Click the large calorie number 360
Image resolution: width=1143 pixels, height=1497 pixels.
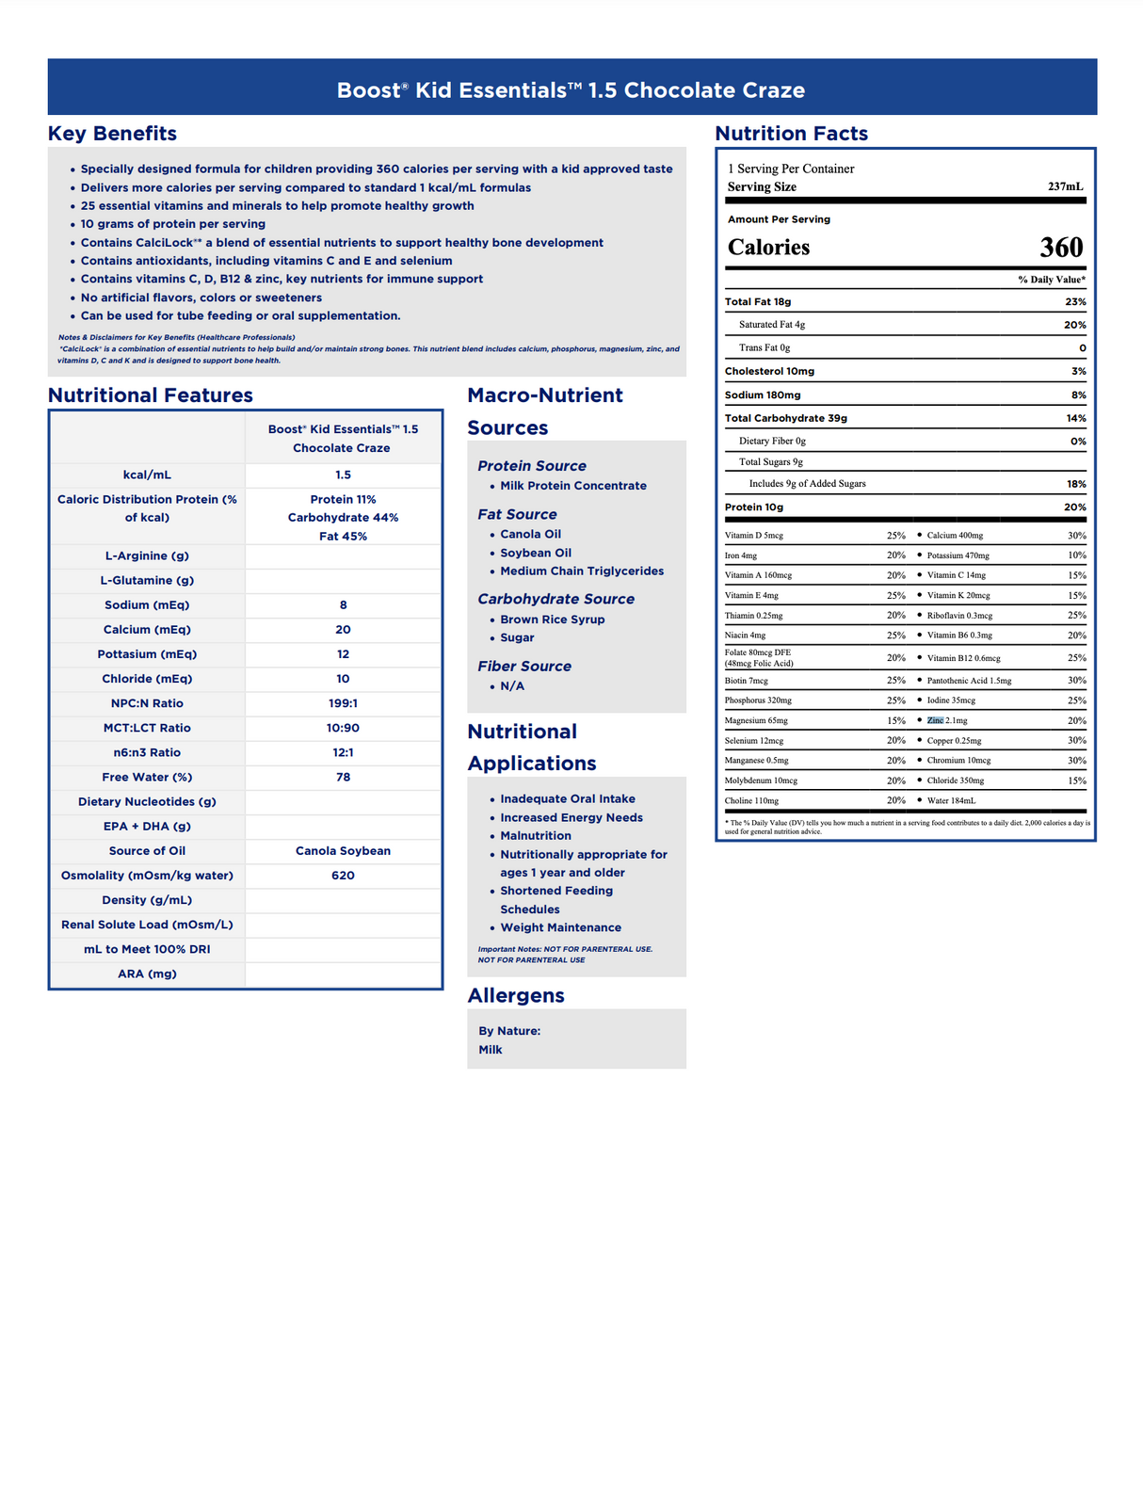tap(1061, 248)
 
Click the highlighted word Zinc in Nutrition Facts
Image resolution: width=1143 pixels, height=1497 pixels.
tap(935, 720)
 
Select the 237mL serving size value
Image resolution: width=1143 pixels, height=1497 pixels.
tap(1065, 186)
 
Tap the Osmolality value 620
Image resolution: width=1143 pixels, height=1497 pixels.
tap(343, 876)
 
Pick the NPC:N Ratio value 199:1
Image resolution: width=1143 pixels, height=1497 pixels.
tap(343, 703)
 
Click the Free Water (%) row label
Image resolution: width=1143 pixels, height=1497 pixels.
tap(147, 778)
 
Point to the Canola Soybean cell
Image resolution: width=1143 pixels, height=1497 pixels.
tap(343, 851)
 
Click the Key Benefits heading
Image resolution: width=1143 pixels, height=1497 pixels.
tap(112, 134)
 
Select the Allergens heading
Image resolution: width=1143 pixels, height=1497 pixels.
tap(516, 995)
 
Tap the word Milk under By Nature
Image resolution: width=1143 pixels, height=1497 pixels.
tap(491, 1050)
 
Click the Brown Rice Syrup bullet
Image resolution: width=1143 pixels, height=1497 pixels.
tap(552, 620)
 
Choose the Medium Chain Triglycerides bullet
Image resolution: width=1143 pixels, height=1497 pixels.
tap(581, 571)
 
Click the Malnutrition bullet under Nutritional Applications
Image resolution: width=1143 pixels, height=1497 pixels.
tap(535, 836)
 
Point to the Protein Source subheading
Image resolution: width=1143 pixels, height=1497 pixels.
tap(531, 466)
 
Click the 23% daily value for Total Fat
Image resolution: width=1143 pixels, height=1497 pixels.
tap(1075, 302)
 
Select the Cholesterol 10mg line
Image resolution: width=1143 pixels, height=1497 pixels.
tap(769, 371)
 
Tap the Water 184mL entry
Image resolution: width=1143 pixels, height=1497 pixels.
tap(951, 800)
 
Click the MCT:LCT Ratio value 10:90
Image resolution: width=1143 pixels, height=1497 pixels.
tap(343, 728)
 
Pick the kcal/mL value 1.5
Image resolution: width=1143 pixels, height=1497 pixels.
tap(343, 475)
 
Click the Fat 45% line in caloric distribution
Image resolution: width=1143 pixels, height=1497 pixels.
tap(343, 537)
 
